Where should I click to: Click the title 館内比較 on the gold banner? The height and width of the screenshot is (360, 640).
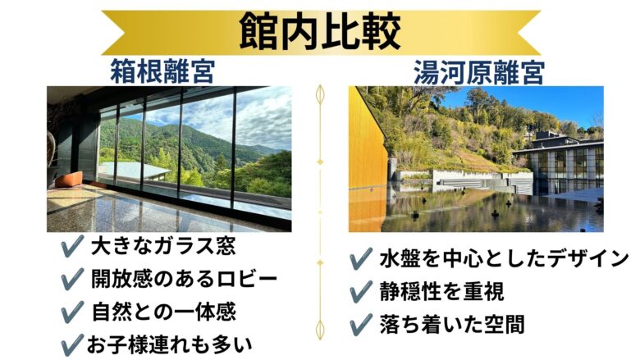(320, 32)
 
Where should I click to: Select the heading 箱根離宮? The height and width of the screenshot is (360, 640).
(162, 71)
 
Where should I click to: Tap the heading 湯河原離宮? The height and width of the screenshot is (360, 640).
(479, 72)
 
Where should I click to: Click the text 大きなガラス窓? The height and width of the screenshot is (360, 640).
(163, 246)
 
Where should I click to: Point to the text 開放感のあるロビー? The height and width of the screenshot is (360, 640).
(184, 280)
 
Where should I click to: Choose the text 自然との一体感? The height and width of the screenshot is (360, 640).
(164, 312)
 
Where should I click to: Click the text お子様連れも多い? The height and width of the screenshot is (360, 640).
(169, 345)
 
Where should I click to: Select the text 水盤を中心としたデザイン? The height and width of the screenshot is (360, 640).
(505, 258)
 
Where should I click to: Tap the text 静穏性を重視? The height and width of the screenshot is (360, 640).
(441, 291)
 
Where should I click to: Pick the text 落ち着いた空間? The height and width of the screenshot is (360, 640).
(452, 325)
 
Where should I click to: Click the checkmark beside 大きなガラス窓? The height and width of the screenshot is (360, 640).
(72, 246)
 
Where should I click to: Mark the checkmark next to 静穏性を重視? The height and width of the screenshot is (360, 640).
(361, 291)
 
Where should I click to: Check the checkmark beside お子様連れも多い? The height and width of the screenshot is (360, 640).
(72, 345)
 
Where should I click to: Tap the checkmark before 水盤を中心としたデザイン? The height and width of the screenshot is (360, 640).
(361, 258)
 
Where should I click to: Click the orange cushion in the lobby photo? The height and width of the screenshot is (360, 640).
(69, 179)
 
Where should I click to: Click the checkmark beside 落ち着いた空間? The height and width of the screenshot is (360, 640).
(361, 325)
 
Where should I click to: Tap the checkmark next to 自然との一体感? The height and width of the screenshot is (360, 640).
(72, 312)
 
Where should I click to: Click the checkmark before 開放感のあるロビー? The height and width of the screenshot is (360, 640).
(72, 280)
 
